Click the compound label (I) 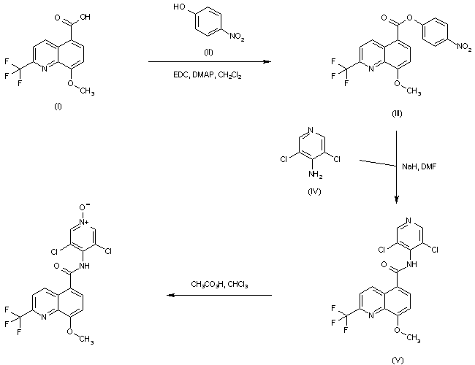coord(58,107)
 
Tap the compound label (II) coord(208,53)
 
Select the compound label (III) coord(396,113)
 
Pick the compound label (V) coord(398,357)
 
